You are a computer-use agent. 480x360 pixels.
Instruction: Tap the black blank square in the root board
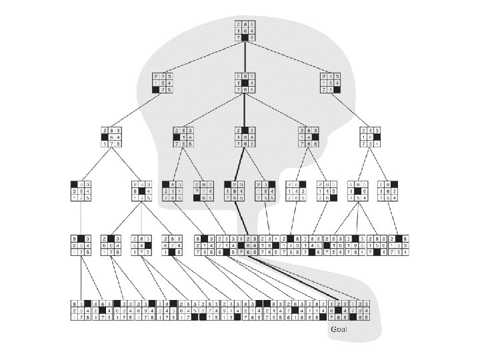click(x=245, y=39)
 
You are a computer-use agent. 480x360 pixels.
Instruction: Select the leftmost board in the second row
click(x=163, y=83)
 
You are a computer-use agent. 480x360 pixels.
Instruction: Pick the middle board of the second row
click(x=245, y=83)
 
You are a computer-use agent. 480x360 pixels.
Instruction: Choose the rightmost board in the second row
click(x=331, y=83)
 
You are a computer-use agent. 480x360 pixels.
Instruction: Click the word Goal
click(x=339, y=329)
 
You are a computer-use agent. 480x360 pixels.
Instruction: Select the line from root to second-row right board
click(x=288, y=57)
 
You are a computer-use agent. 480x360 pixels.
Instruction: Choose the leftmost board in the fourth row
click(x=80, y=192)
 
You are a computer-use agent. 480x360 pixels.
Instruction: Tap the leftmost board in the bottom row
click(x=81, y=311)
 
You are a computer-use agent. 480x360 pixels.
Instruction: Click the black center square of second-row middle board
click(x=245, y=83)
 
